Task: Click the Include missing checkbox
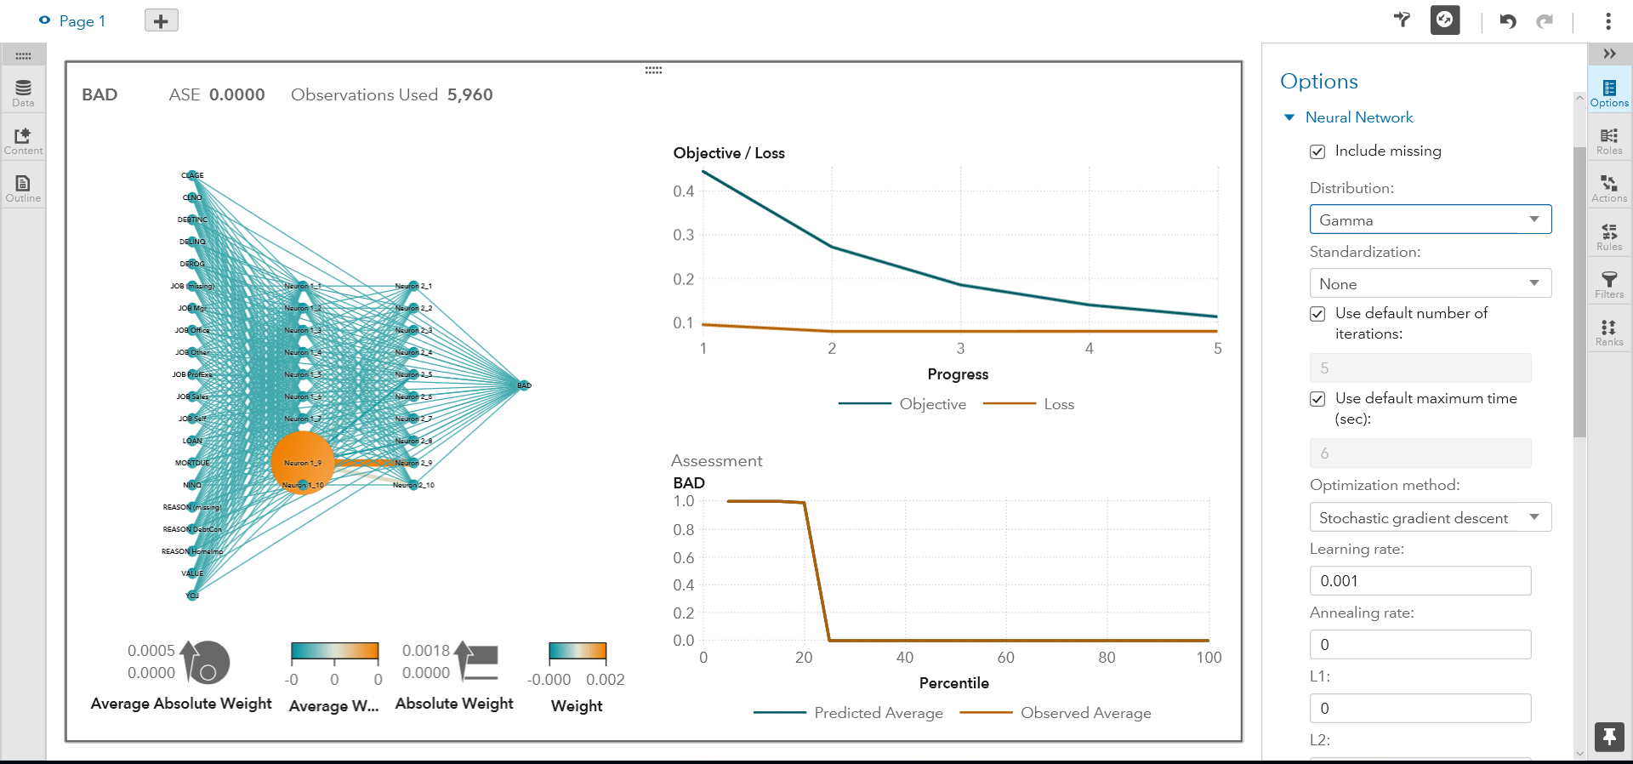(1317, 151)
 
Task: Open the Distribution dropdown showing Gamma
(1430, 220)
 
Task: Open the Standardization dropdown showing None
(1430, 283)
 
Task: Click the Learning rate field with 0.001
(1420, 581)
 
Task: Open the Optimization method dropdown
(1430, 517)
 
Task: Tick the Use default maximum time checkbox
(1317, 399)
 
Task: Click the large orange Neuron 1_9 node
(302, 462)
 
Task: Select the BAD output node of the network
(524, 385)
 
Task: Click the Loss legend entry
(1058, 404)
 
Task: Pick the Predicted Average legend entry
(878, 713)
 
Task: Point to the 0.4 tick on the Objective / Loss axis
(684, 191)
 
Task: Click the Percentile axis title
(953, 683)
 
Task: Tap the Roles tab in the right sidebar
(1608, 140)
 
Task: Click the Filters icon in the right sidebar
(1608, 284)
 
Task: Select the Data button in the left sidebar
(23, 92)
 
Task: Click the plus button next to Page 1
(161, 20)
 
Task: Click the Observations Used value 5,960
(469, 94)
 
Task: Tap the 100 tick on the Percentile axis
(1208, 658)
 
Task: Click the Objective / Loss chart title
(729, 153)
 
